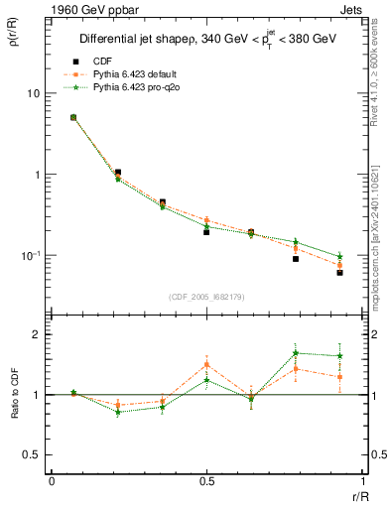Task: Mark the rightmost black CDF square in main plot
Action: [339, 272]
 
